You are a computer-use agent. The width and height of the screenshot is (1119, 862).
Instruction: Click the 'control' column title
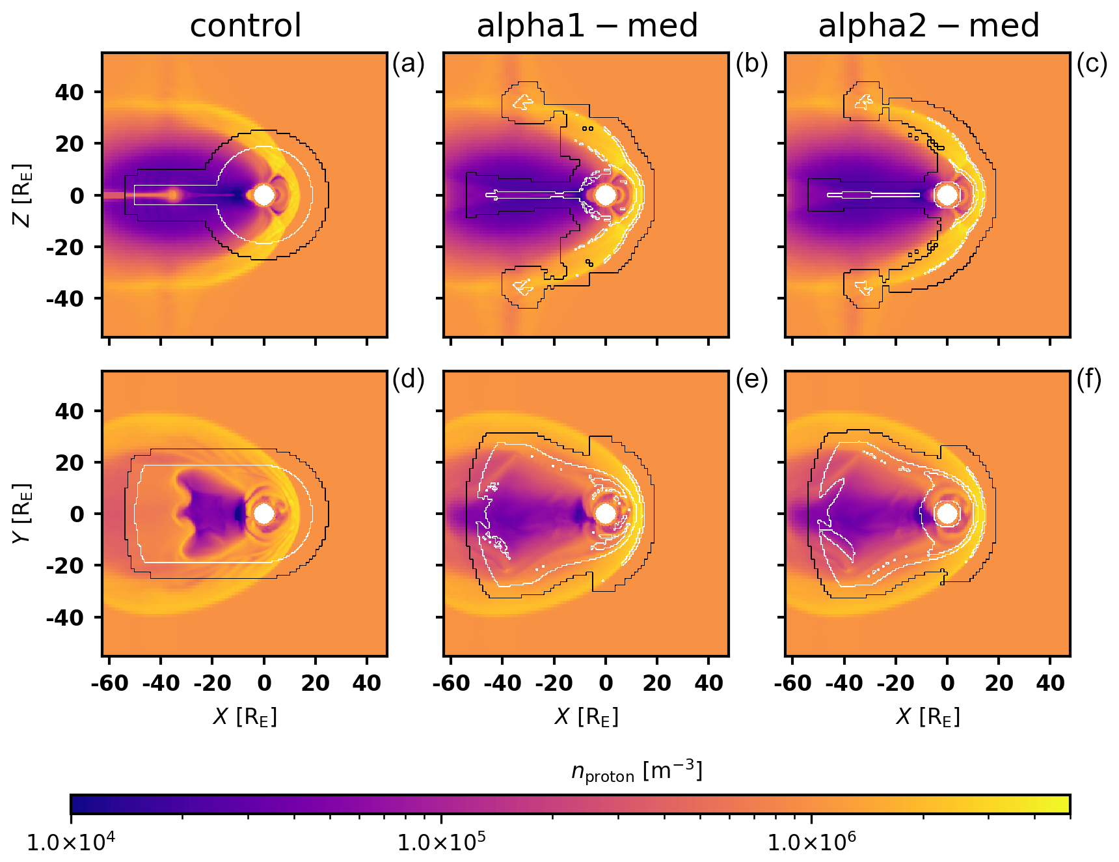[x=245, y=26]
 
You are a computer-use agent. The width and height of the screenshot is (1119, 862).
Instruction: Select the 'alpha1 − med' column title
[x=587, y=26]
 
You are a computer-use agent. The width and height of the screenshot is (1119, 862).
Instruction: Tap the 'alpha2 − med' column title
[x=928, y=26]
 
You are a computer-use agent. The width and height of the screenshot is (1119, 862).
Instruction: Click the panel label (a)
[x=408, y=64]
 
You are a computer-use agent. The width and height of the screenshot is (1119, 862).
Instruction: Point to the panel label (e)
[x=751, y=380]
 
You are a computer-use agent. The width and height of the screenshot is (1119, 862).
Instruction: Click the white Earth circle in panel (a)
[x=264, y=195]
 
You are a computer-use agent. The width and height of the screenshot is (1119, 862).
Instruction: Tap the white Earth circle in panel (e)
[x=606, y=514]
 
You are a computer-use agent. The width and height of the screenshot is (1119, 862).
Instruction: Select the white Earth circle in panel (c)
[x=947, y=195]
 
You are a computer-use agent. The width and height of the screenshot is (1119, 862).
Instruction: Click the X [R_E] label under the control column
[x=245, y=717]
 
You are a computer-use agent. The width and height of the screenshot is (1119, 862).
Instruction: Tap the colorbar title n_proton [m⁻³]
[x=637, y=772]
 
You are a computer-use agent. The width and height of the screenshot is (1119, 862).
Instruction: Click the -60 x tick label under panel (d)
[x=109, y=684]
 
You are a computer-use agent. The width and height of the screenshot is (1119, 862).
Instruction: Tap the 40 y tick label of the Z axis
[x=69, y=92]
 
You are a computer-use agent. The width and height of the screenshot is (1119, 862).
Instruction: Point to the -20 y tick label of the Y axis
[x=64, y=566]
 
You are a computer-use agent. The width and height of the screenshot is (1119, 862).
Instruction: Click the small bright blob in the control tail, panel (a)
[x=174, y=195]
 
